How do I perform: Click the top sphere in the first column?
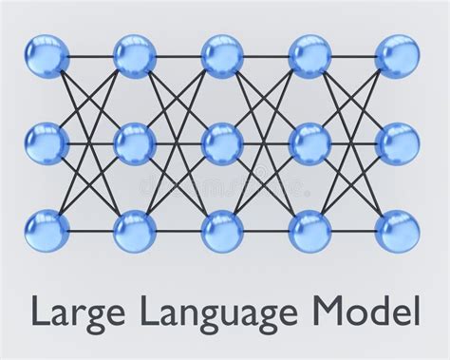(47, 56)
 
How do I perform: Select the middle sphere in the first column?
(47, 143)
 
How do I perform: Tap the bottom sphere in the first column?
(47, 231)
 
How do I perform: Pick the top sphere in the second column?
(135, 56)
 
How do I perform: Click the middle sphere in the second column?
(135, 143)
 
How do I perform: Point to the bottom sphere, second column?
(135, 231)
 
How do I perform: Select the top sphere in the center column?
(222, 56)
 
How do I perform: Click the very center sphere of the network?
(222, 143)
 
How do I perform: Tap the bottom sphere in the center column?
(222, 231)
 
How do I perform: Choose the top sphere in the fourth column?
(309, 56)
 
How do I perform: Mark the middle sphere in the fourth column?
(309, 143)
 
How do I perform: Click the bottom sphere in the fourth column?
(309, 231)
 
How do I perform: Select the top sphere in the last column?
(397, 56)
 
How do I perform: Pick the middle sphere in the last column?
(397, 143)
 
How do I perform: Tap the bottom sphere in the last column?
(397, 231)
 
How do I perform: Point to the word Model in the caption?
(364, 311)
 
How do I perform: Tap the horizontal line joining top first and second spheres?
(91, 56)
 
